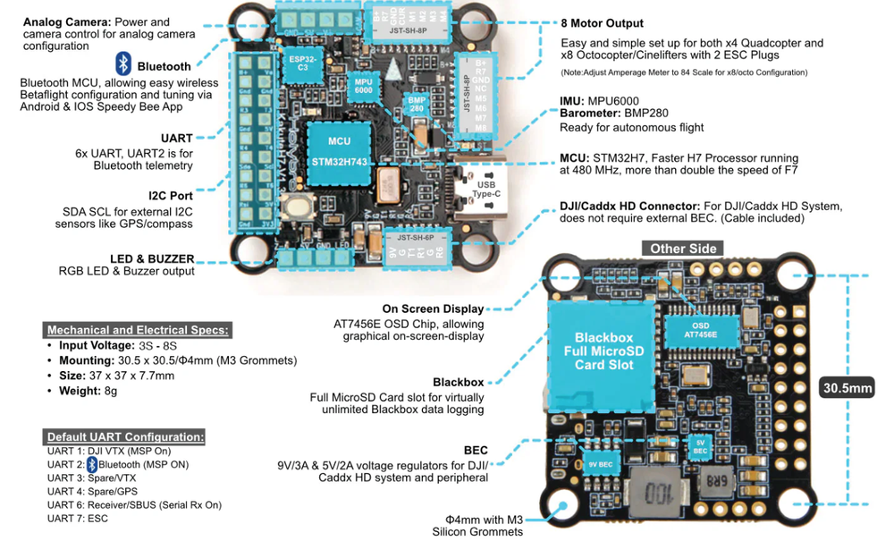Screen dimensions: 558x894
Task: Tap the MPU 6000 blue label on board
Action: [363, 86]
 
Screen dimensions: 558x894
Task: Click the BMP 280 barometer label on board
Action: [417, 103]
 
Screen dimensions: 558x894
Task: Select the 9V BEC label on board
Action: [600, 464]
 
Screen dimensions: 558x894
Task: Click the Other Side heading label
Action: [684, 249]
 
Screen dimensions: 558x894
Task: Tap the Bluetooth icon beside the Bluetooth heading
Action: [123, 63]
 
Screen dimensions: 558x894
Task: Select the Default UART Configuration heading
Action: [125, 436]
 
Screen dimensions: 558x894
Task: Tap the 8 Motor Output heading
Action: [602, 23]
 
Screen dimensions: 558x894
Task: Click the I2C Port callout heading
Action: [171, 194]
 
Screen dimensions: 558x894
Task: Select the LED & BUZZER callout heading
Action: [153, 259]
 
